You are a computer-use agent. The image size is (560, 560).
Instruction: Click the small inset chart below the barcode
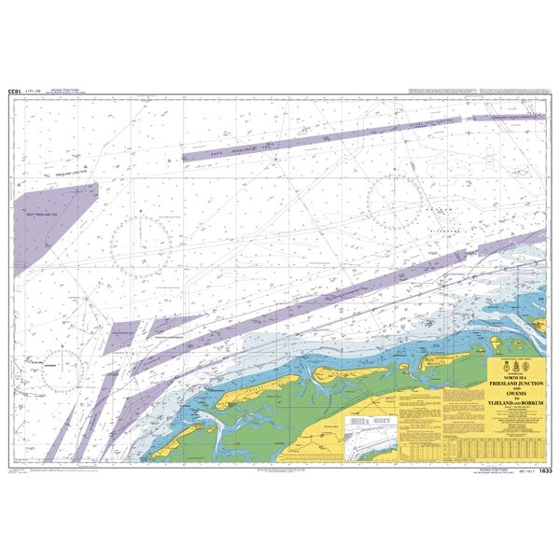coord(370,447)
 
